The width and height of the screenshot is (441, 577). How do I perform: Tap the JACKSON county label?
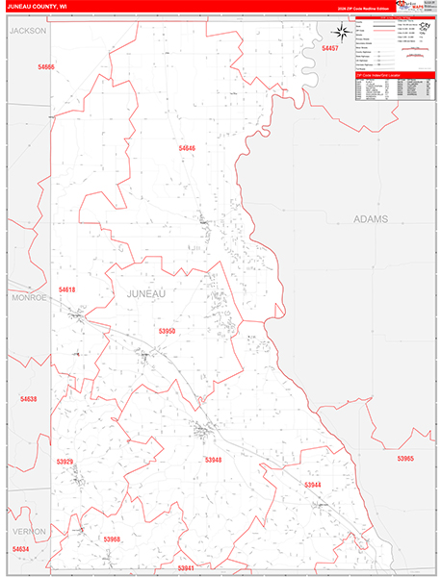pos(28,31)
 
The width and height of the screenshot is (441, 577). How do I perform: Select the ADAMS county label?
pos(371,219)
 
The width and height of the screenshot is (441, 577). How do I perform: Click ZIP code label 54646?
pos(186,148)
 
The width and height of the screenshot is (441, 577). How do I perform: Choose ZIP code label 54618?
pos(66,289)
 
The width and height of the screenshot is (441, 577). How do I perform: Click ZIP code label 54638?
pos(28,398)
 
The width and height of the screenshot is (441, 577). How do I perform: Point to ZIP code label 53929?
pos(65,462)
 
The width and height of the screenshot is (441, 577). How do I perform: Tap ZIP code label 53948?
pos(213,461)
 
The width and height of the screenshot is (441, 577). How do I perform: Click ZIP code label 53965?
pos(405,459)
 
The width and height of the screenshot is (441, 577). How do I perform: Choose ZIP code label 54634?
pos(20,549)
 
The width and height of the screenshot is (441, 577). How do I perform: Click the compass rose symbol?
pos(343,199)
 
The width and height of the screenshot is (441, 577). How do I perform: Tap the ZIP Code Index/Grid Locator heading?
pos(377,73)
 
